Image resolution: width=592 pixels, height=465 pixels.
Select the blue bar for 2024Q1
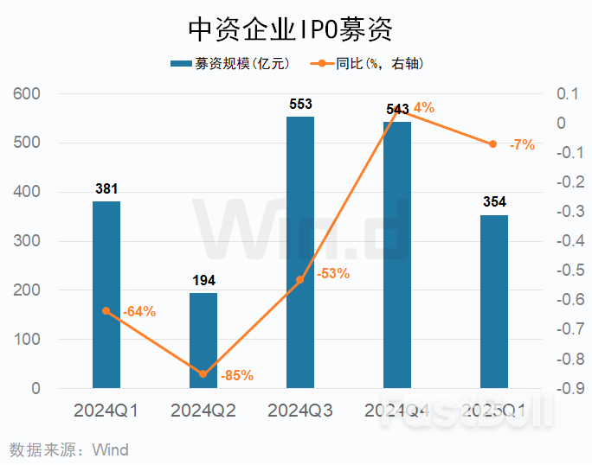[x=106, y=294]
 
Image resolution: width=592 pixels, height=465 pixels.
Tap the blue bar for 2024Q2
[x=203, y=341]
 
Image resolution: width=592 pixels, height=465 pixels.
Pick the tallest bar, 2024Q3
[x=300, y=252]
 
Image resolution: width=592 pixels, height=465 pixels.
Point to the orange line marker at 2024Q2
[x=203, y=374]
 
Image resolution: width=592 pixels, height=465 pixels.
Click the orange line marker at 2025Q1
[x=493, y=144]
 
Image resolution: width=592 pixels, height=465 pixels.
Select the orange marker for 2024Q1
[x=106, y=311]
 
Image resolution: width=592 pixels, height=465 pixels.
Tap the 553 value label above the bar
[x=300, y=105]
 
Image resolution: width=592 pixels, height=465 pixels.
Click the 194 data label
[x=203, y=281]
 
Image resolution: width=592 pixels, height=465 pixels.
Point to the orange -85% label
[x=236, y=376]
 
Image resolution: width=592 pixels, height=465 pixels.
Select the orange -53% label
[x=332, y=274]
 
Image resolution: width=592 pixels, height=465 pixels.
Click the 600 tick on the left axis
[x=28, y=93]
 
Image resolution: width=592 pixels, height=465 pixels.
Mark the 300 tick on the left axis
[x=28, y=241]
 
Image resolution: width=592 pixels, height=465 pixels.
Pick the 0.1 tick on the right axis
[x=566, y=93]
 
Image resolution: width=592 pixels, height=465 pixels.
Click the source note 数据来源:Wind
[x=68, y=449]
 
